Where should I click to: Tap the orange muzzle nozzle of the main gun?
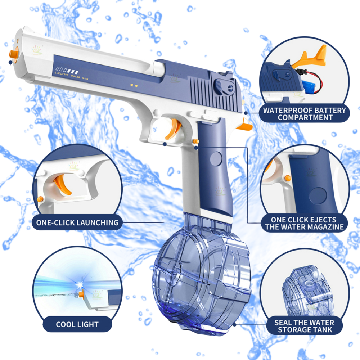14,54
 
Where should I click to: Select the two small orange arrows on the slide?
134,85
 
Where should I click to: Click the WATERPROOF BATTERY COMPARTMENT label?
304,114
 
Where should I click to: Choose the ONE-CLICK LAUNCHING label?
77,222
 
